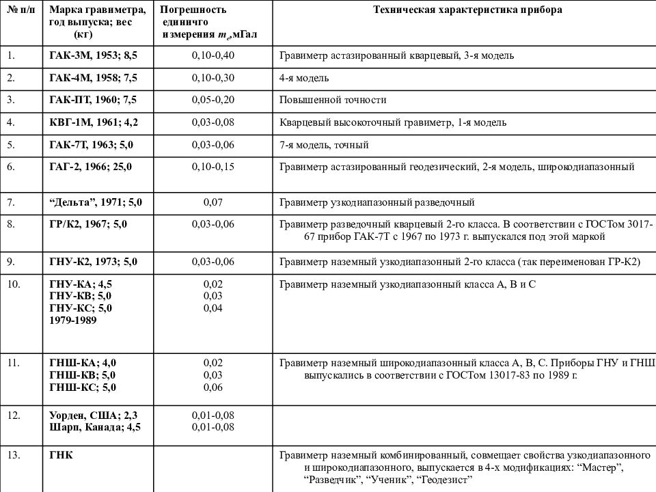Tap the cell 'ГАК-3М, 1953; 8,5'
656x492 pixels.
coord(94,55)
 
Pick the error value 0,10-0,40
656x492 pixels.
coord(215,55)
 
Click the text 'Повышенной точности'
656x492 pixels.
coord(333,100)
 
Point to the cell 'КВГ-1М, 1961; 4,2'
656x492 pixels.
coord(94,122)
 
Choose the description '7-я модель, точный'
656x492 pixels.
coord(324,145)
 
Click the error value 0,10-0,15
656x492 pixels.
coord(215,167)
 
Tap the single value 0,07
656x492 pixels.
coord(215,202)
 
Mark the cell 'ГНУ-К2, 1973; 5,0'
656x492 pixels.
coord(94,261)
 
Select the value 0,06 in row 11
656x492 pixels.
coord(215,387)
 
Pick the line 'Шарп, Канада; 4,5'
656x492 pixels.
coord(95,428)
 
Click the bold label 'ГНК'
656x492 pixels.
coord(61,455)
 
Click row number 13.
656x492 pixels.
coord(14,455)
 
